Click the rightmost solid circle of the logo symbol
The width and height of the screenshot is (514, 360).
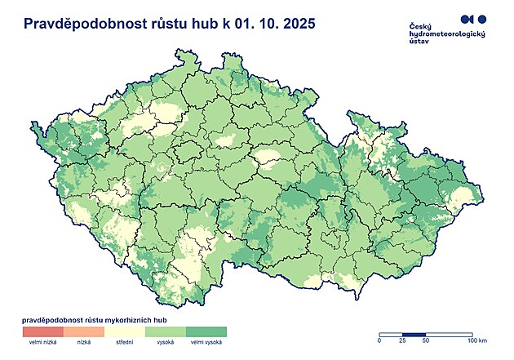481,19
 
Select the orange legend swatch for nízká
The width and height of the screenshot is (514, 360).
83,331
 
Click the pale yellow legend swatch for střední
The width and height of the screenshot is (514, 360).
124,331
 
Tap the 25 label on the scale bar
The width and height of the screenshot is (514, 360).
404,341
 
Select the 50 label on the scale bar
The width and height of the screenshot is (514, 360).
426,341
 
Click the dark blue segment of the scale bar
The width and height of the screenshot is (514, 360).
414,334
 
